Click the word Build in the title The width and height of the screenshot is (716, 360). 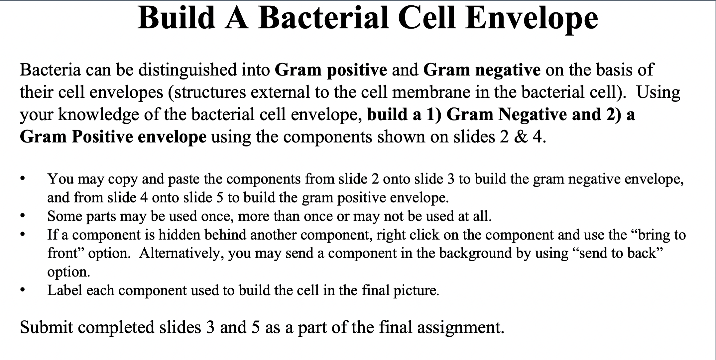tap(177, 18)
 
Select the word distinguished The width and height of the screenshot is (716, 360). tap(187, 70)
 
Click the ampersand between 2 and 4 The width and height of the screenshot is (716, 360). tap(521, 137)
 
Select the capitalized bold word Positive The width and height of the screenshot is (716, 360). tap(102, 137)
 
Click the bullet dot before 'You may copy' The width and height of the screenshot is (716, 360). tap(22, 179)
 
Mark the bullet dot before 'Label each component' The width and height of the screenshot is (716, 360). tap(22, 290)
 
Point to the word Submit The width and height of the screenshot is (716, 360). tap(46, 327)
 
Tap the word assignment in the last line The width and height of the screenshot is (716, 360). tap(460, 327)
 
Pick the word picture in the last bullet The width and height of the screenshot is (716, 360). tap(416, 290)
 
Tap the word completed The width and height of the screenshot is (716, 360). tap(116, 327)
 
